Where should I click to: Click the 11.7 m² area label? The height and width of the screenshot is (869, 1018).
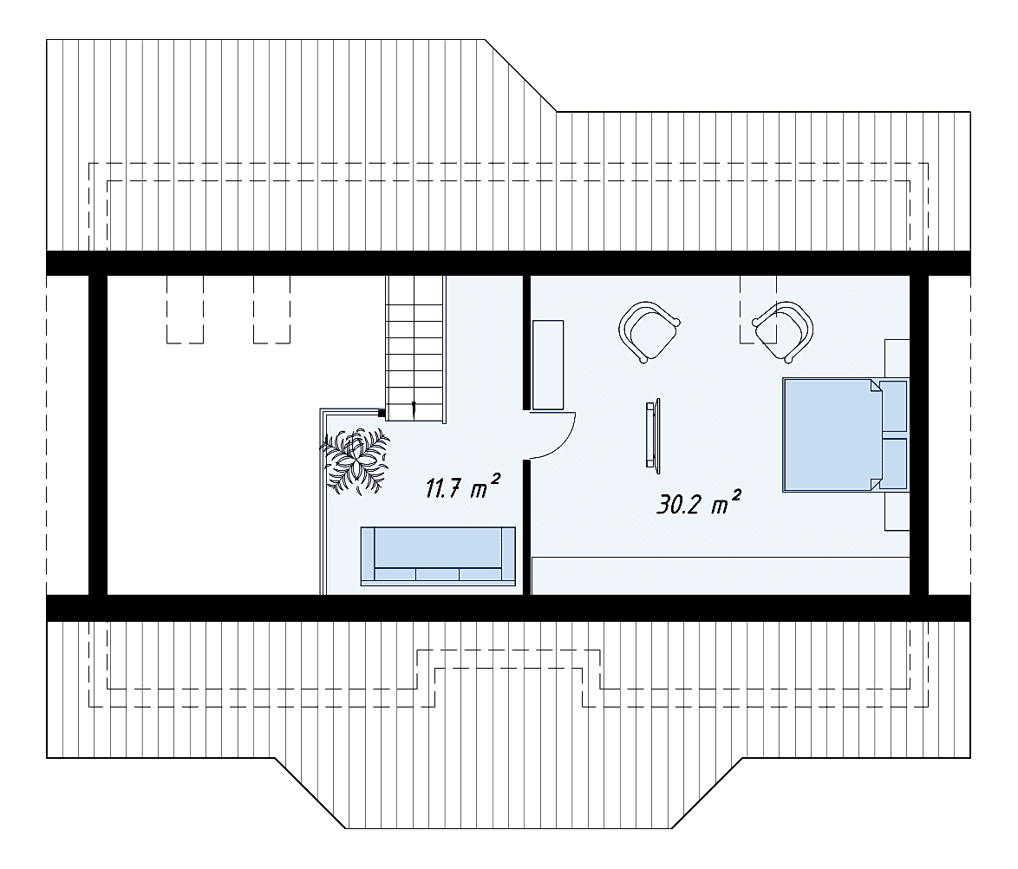462,487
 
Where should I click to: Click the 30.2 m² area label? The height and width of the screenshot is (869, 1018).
698,503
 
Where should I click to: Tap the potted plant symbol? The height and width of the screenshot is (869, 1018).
356,461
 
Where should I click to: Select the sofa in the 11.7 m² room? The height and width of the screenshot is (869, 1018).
438,556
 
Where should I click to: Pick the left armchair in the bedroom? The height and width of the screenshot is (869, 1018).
649,330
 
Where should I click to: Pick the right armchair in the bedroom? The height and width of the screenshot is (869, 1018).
783,330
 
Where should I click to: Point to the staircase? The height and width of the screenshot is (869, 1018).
415,348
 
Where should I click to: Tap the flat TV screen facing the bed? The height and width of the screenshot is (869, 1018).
652,434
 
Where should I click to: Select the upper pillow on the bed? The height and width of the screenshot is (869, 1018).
893,407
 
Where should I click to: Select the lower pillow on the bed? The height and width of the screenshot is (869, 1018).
893,463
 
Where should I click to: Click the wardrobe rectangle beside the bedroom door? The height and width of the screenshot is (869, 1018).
547,365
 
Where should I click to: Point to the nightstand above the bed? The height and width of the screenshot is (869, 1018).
897,358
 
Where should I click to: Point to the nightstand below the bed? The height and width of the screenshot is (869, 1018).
897,511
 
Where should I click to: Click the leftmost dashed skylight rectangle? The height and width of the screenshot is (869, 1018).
185,309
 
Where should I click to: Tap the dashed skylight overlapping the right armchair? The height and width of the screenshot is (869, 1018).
759,309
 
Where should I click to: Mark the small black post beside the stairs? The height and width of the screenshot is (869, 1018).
382,412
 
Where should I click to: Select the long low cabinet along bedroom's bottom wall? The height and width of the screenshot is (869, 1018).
721,576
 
